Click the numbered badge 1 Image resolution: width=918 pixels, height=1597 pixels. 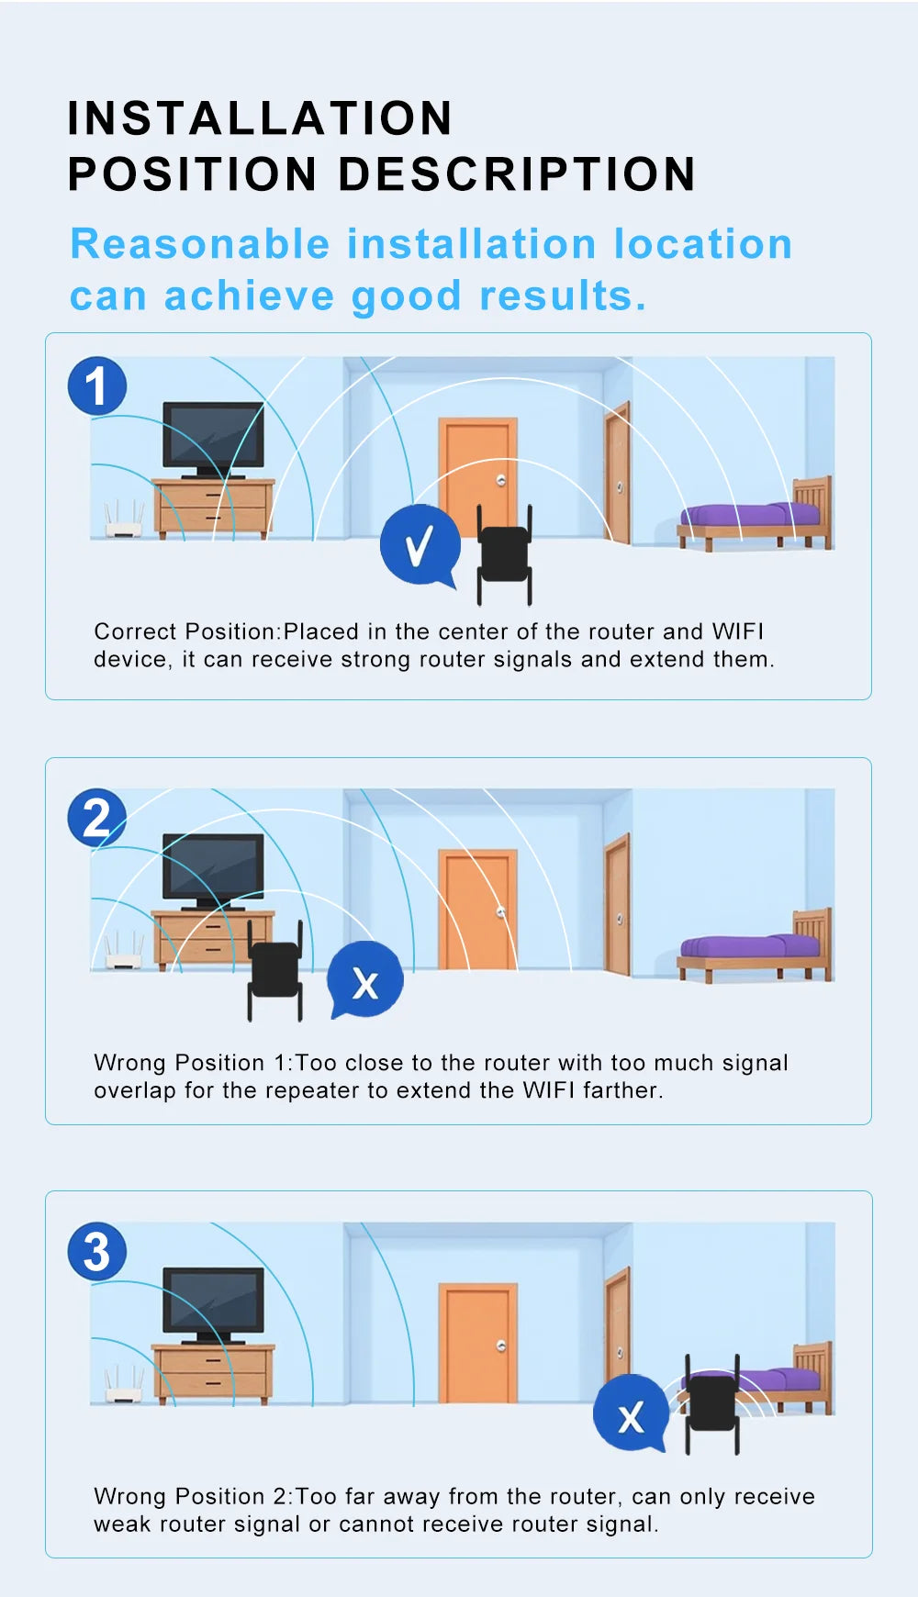coord(96,385)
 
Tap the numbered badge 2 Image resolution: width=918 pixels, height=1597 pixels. coord(96,818)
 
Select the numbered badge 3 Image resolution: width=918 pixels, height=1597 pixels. coord(96,1252)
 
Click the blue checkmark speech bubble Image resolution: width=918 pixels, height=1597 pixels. coord(420,545)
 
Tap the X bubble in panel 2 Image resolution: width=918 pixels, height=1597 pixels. coord(365,979)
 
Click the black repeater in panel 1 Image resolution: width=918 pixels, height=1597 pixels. coord(504,554)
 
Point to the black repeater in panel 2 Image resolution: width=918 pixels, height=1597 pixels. coord(274,970)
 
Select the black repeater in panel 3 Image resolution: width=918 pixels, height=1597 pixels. coord(712,1404)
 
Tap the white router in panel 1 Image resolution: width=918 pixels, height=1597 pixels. coord(125,519)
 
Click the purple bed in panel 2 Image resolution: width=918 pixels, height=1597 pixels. coord(756,946)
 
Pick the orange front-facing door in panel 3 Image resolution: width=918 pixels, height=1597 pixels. coord(477,1344)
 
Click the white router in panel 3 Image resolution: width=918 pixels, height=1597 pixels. coord(125,1385)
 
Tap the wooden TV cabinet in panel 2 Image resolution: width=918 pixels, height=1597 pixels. coord(213,938)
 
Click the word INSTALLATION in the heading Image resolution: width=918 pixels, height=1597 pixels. coord(260,118)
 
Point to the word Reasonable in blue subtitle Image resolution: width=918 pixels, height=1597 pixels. coord(200,244)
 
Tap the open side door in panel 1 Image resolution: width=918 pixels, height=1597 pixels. coord(618,473)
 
